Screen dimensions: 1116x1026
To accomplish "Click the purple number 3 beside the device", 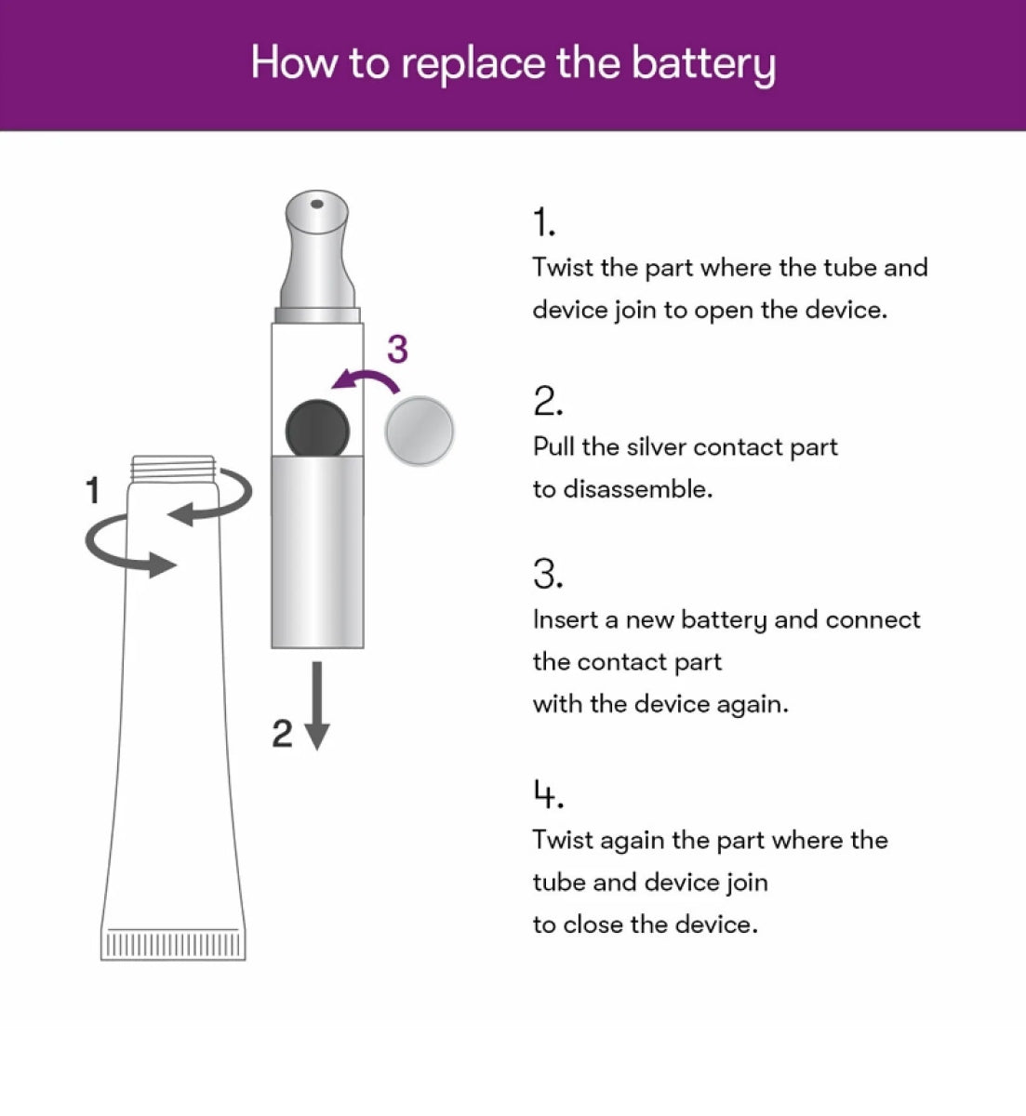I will [397, 349].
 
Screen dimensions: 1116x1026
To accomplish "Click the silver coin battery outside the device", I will [420, 431].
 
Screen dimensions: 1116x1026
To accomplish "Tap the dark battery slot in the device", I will [317, 429].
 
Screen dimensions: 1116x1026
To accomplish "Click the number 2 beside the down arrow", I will [282, 734].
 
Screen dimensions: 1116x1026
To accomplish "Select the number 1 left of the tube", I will [92, 490].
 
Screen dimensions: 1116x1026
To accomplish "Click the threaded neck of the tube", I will [174, 468].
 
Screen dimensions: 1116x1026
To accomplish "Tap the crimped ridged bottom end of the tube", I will [173, 944].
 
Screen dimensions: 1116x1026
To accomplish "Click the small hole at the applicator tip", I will [317, 203].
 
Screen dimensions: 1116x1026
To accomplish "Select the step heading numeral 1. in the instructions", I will [543, 223].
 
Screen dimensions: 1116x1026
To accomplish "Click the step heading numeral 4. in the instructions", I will [548, 795].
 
